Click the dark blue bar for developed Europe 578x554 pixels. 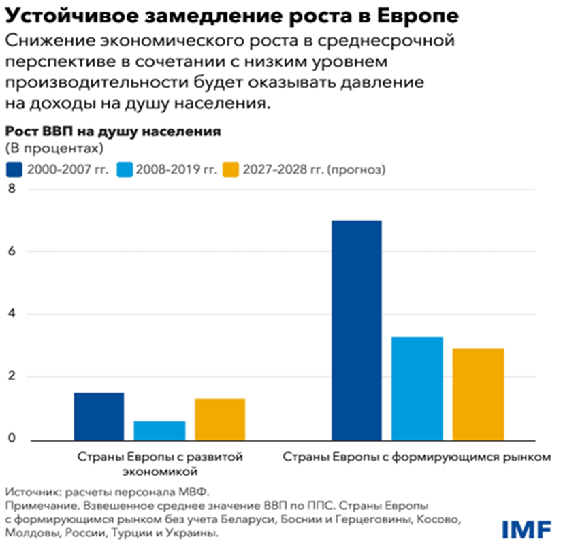click(x=99, y=416)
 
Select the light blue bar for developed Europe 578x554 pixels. click(x=159, y=430)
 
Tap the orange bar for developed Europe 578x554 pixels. click(x=219, y=419)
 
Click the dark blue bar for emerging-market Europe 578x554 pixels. click(x=356, y=330)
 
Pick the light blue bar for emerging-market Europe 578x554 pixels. click(x=417, y=388)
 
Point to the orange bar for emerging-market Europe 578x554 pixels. click(x=478, y=394)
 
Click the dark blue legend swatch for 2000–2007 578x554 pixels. click(x=15, y=169)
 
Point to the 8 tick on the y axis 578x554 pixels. click(x=10, y=189)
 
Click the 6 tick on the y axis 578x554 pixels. click(x=10, y=252)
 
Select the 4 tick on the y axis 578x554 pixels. click(x=10, y=314)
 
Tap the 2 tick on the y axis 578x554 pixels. click(x=10, y=377)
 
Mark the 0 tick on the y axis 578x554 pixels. click(x=10, y=440)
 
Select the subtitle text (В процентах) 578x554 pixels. click(x=54, y=148)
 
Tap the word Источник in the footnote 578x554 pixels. click(x=31, y=491)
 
